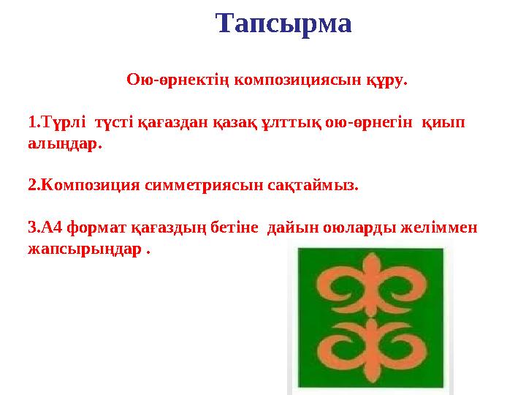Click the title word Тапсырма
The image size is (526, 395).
284,24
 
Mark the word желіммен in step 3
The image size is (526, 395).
445,227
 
